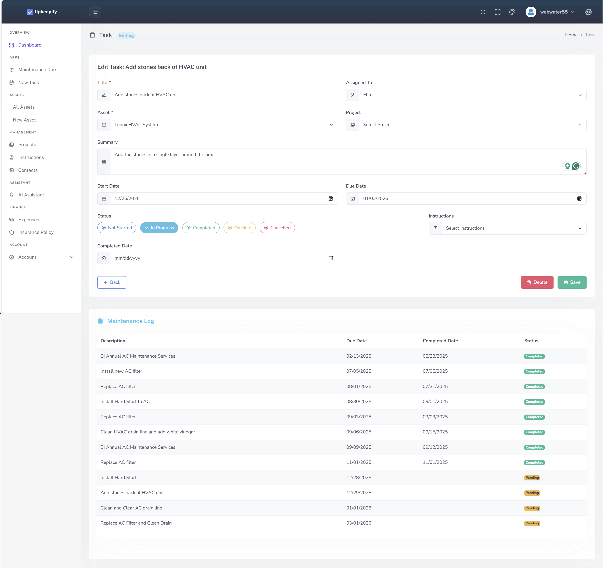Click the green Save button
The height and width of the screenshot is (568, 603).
572,282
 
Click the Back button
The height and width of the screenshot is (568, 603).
112,282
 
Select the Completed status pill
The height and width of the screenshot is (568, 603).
201,228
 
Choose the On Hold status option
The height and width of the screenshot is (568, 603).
239,228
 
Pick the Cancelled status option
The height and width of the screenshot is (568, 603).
277,228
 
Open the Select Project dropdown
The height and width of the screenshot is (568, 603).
472,125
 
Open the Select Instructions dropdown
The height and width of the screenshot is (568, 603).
514,228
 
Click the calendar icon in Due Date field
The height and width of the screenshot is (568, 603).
579,199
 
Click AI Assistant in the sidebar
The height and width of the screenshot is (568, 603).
31,195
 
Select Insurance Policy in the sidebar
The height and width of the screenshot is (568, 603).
36,232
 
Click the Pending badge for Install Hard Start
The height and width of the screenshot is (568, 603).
532,478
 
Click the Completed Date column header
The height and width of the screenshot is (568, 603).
440,341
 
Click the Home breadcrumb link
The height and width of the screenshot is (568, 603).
571,35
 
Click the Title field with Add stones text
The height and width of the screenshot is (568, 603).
224,95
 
